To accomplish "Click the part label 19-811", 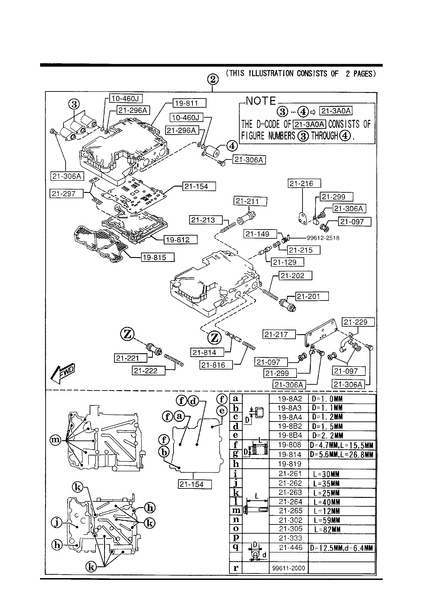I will point(189,103).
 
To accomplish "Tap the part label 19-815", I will point(158,257).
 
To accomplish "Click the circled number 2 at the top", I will point(213,79).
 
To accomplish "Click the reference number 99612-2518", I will point(323,238).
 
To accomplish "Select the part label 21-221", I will point(130,358).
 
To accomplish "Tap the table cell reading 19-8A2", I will point(289,399).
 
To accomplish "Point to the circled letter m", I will point(55,440).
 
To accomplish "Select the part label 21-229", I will point(358,322).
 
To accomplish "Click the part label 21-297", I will point(66,193).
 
